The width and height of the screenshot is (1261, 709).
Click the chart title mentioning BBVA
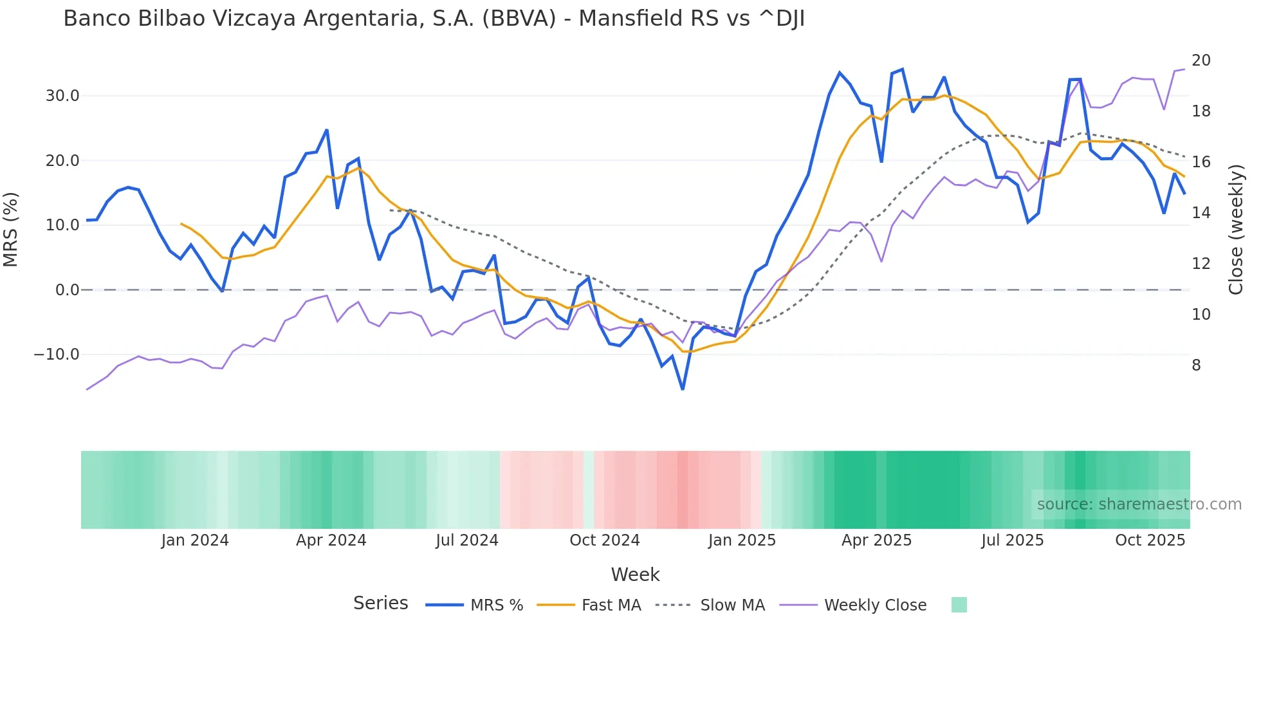click(x=434, y=19)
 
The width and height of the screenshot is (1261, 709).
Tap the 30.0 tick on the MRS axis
click(x=62, y=96)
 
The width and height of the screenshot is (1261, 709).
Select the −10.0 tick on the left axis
click(x=57, y=354)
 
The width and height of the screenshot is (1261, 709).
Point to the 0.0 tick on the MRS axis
click(x=67, y=290)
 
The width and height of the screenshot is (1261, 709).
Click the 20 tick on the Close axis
click(x=1201, y=60)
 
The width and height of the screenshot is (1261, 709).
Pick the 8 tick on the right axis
click(x=1196, y=365)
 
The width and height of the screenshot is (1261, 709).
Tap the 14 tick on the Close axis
click(x=1201, y=213)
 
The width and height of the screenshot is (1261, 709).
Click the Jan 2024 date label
click(x=195, y=540)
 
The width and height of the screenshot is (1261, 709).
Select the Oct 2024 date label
click(x=604, y=540)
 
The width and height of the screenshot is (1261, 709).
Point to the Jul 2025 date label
click(x=1012, y=540)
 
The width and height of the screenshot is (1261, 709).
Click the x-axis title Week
click(x=635, y=575)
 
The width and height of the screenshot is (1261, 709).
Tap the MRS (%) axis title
click(x=11, y=229)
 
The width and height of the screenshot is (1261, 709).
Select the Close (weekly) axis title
click(x=1235, y=229)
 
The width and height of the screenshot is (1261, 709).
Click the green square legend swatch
click(x=959, y=605)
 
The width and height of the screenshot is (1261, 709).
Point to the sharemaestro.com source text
click(x=1139, y=504)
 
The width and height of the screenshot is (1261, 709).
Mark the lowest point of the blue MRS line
click(x=683, y=389)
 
